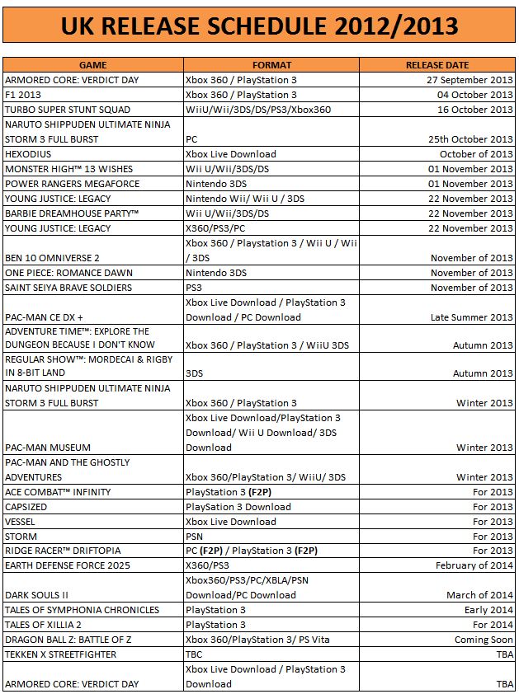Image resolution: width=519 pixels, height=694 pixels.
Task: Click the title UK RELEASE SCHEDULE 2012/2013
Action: point(259,26)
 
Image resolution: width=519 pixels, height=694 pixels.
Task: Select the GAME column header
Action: point(92,65)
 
